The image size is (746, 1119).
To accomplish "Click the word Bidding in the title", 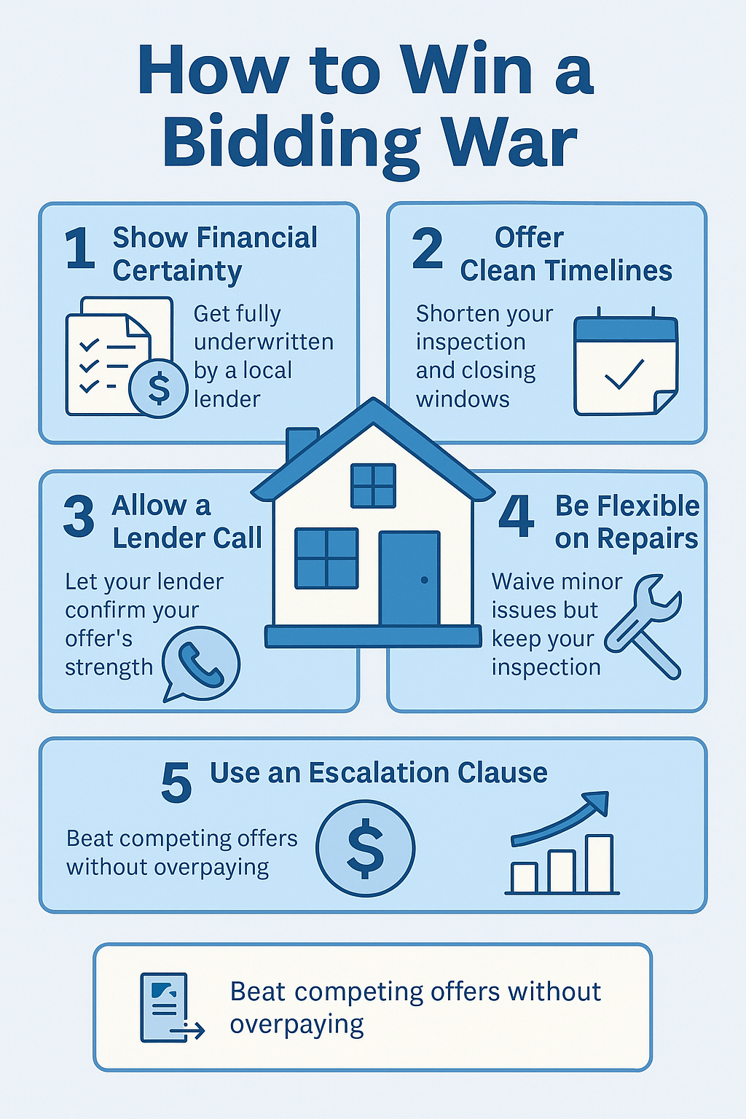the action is (291, 143).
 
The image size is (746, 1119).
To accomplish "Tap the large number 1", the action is (80, 248).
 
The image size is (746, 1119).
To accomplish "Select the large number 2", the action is (427, 248).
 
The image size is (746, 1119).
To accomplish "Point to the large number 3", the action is (79, 517).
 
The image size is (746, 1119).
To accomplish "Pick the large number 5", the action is (176, 783).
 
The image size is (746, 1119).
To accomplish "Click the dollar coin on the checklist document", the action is (158, 388).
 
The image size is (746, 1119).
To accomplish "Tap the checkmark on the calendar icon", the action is (624, 374).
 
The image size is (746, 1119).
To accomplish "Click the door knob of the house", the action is (424, 580).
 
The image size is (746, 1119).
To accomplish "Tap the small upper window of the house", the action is (373, 486).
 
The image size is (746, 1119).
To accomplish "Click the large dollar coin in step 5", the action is (365, 848).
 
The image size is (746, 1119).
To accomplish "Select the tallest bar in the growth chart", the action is (599, 864).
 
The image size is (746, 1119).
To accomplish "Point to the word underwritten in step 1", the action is (263, 342).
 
